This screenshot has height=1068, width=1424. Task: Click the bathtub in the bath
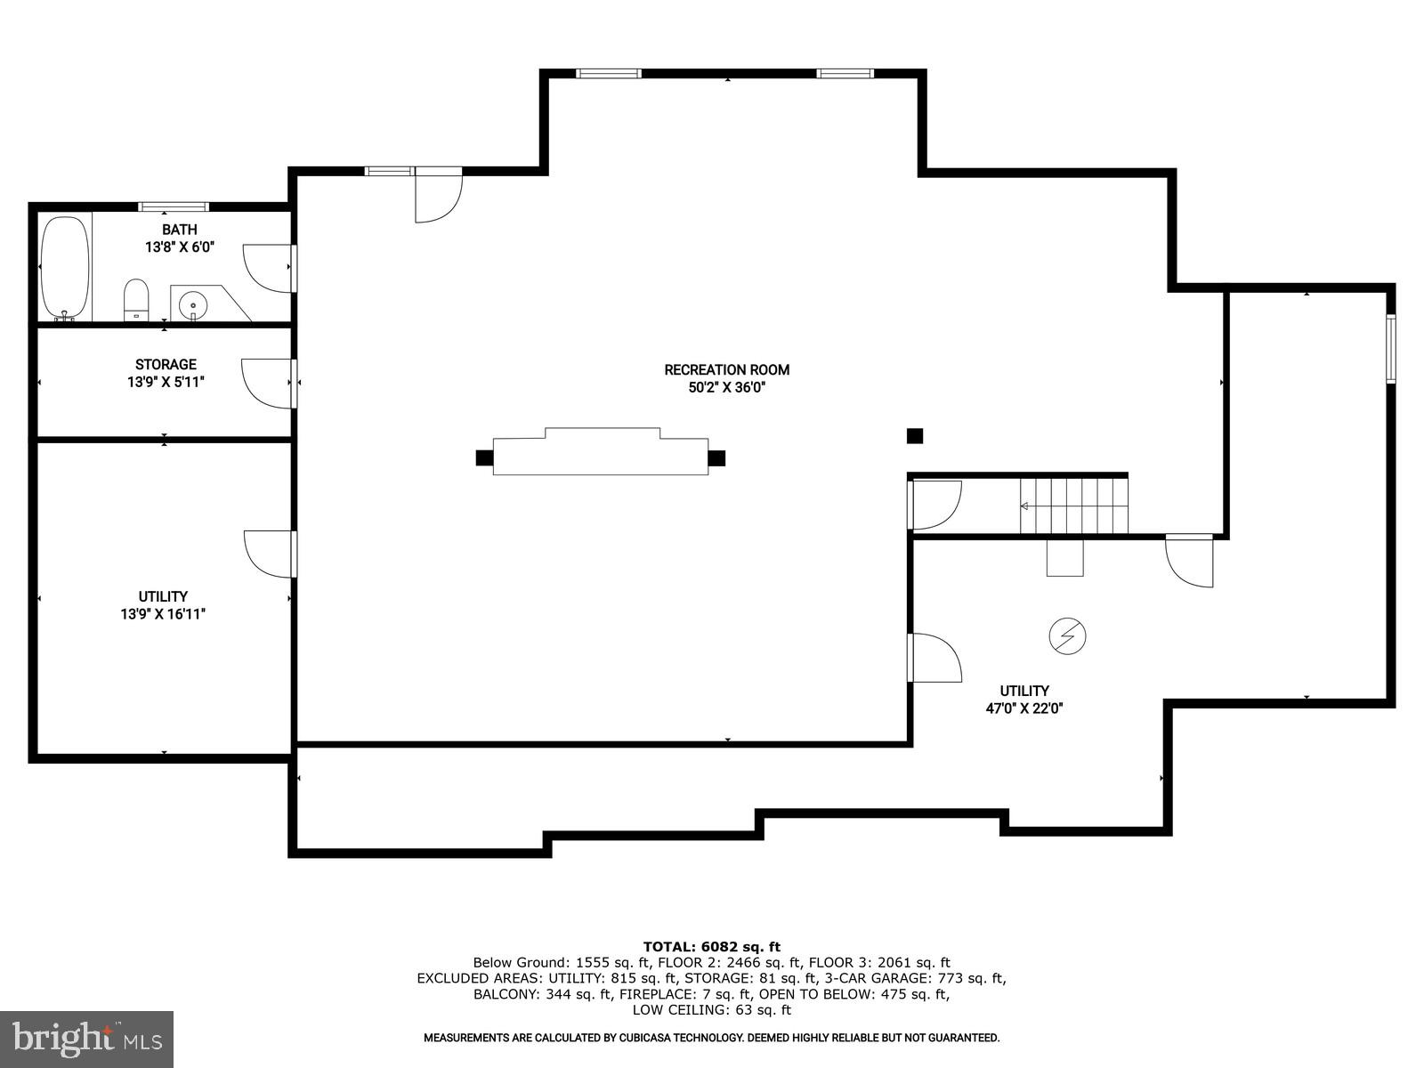[x=65, y=267]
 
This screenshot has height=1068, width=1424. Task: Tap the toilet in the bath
[x=135, y=299]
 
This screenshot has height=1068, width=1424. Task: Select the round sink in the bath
[x=192, y=305]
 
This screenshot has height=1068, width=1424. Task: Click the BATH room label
[x=179, y=230]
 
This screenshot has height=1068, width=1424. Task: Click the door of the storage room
[x=269, y=383]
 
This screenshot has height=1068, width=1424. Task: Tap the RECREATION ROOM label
[x=726, y=369]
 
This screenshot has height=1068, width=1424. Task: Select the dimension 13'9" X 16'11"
[x=163, y=613]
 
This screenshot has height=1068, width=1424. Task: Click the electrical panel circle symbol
[x=1068, y=635]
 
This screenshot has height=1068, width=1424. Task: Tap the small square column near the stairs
[x=915, y=436]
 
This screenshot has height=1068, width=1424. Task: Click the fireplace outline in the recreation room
[x=601, y=453]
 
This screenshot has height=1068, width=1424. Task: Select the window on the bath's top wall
[x=174, y=206]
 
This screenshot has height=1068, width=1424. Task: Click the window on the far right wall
[x=1390, y=348]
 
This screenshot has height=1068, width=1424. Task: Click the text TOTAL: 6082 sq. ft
[x=711, y=947]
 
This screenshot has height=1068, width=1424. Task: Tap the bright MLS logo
[x=86, y=1039]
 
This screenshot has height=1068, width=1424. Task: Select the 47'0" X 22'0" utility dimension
[x=1024, y=708]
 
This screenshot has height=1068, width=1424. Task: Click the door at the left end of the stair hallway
[x=934, y=504]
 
